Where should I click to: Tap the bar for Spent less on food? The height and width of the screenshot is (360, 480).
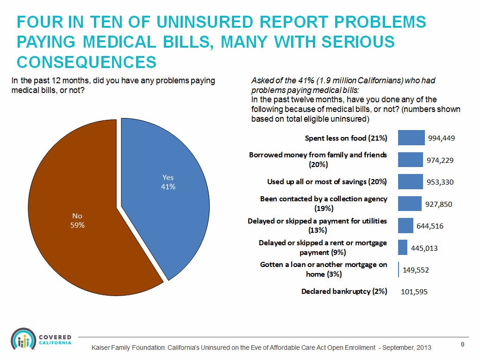click(411, 137)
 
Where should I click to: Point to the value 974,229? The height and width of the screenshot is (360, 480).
click(440, 160)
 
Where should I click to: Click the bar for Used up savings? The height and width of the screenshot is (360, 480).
click(410, 181)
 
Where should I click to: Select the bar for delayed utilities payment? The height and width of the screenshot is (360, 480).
click(405, 225)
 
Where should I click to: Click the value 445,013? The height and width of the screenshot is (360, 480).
click(424, 248)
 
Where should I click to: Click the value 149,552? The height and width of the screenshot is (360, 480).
click(416, 270)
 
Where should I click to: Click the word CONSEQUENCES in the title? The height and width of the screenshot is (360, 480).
click(86, 62)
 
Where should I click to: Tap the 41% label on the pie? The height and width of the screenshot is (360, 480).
click(168, 187)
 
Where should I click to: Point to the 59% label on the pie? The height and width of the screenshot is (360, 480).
click(77, 225)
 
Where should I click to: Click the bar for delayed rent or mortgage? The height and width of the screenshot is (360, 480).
click(402, 247)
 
